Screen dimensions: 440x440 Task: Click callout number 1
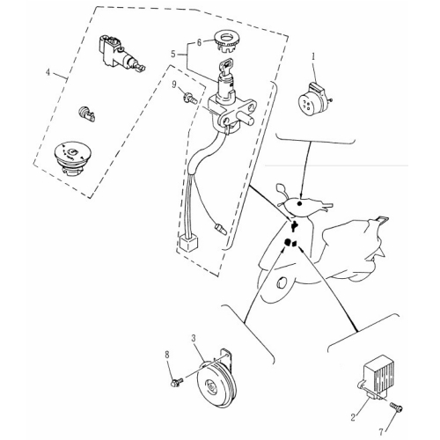pyautogui.click(x=313, y=56)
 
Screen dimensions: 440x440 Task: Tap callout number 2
pyautogui.click(x=353, y=417)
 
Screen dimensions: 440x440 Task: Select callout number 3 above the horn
pyautogui.click(x=194, y=338)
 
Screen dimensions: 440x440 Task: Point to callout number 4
pyautogui.click(x=48, y=72)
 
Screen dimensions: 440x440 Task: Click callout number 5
pyautogui.click(x=173, y=55)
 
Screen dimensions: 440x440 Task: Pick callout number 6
pyautogui.click(x=199, y=42)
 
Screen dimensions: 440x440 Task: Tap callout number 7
pyautogui.click(x=381, y=432)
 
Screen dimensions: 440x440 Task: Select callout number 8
pyautogui.click(x=167, y=356)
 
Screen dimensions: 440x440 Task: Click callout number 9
pyautogui.click(x=174, y=84)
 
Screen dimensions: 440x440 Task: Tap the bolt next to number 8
pyautogui.click(x=177, y=382)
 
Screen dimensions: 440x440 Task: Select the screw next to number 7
pyautogui.click(x=396, y=407)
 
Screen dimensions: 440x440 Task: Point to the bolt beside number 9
pyautogui.click(x=190, y=98)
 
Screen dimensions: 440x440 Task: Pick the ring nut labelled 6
pyautogui.click(x=226, y=41)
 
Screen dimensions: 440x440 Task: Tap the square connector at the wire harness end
pyautogui.click(x=187, y=244)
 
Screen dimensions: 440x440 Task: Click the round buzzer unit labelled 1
pyautogui.click(x=313, y=99)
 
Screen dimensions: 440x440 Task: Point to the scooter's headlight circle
pyautogui.click(x=282, y=284)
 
